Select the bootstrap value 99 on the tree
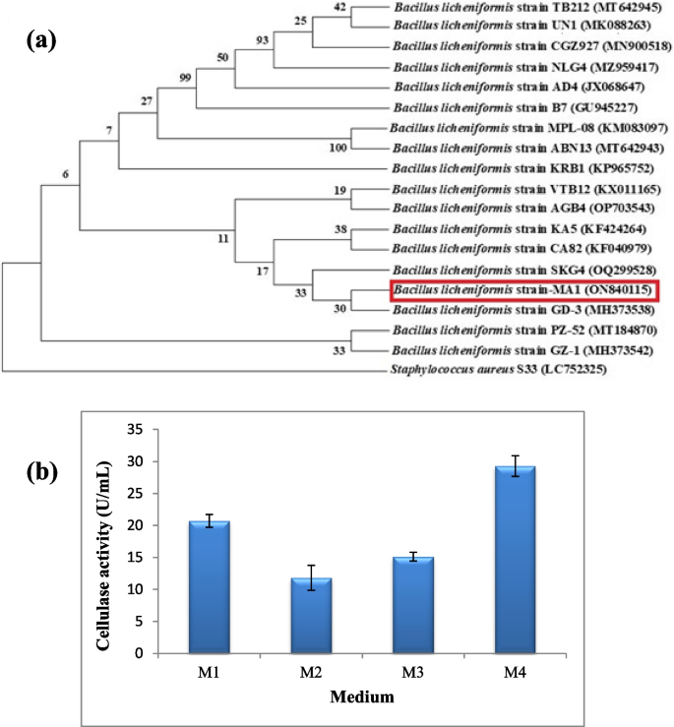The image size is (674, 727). pyautogui.click(x=187, y=78)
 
